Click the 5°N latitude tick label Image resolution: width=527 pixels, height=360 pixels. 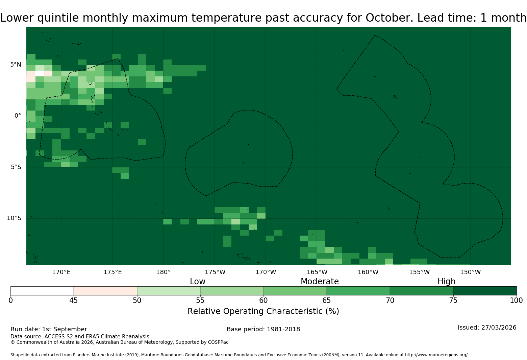click(x=16, y=65)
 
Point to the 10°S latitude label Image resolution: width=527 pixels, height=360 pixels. click(x=14, y=218)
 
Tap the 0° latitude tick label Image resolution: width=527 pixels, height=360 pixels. click(x=18, y=116)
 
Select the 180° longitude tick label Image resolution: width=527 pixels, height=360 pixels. click(x=163, y=272)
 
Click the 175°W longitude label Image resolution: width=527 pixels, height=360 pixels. click(x=215, y=272)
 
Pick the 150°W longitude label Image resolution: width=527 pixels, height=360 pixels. click(x=470, y=272)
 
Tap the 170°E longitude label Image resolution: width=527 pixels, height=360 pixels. click(x=61, y=272)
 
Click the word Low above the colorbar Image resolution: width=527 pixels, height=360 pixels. click(x=198, y=281)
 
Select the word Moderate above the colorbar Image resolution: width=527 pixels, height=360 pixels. click(x=320, y=281)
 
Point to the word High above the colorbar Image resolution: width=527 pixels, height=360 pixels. click(x=447, y=282)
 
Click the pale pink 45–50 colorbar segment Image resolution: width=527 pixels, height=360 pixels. click(x=105, y=291)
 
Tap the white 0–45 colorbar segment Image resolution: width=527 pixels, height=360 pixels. click(x=42, y=291)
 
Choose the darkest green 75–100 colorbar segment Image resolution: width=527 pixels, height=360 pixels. click(x=485, y=291)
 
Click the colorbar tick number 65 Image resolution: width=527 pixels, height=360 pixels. click(x=327, y=301)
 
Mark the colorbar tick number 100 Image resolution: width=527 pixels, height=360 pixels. click(x=517, y=301)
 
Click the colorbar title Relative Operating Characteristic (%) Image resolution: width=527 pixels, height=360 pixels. click(x=263, y=311)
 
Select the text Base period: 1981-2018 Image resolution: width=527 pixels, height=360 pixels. click(x=263, y=329)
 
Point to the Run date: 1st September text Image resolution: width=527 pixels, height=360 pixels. click(x=49, y=329)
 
